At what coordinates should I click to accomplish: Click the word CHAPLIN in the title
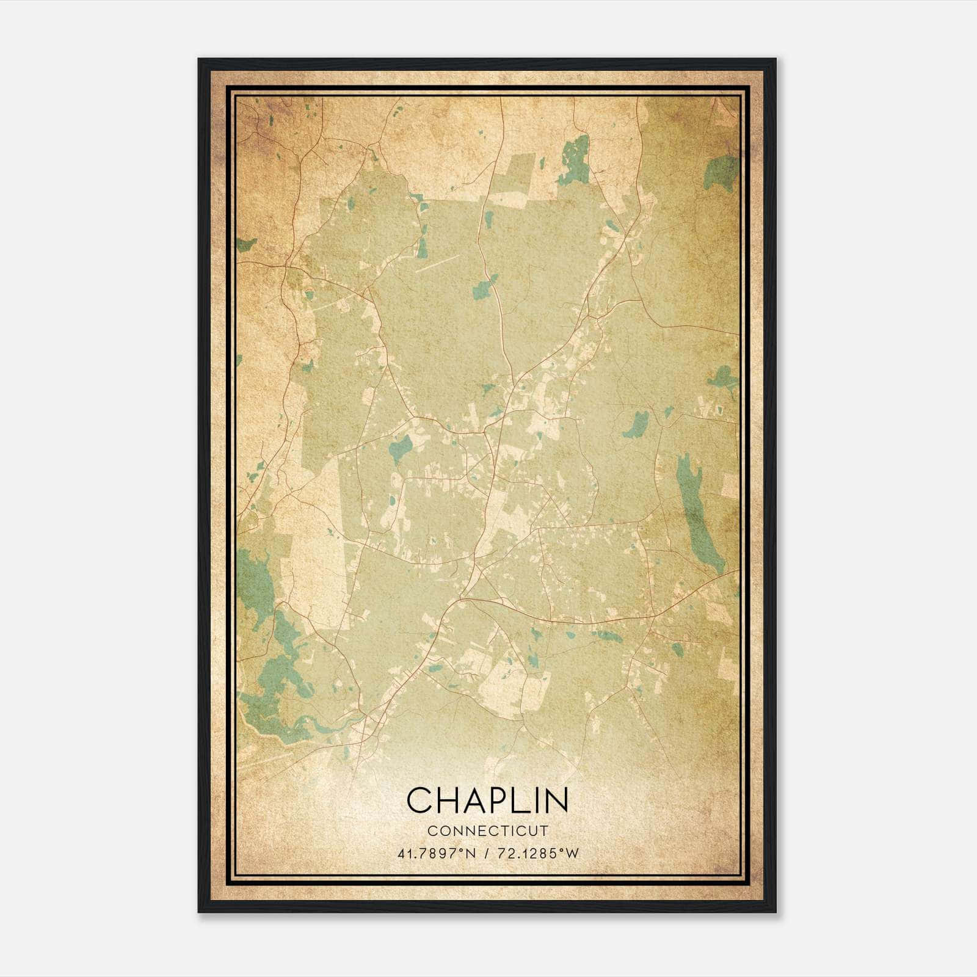(x=487, y=800)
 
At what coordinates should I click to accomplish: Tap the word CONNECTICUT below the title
(x=488, y=830)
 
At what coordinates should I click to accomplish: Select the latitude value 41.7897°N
(x=435, y=853)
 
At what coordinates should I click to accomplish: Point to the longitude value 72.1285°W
(x=538, y=853)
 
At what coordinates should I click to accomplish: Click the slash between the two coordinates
(x=487, y=853)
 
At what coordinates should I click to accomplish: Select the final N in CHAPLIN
(x=556, y=800)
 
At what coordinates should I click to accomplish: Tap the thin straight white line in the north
(x=437, y=263)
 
